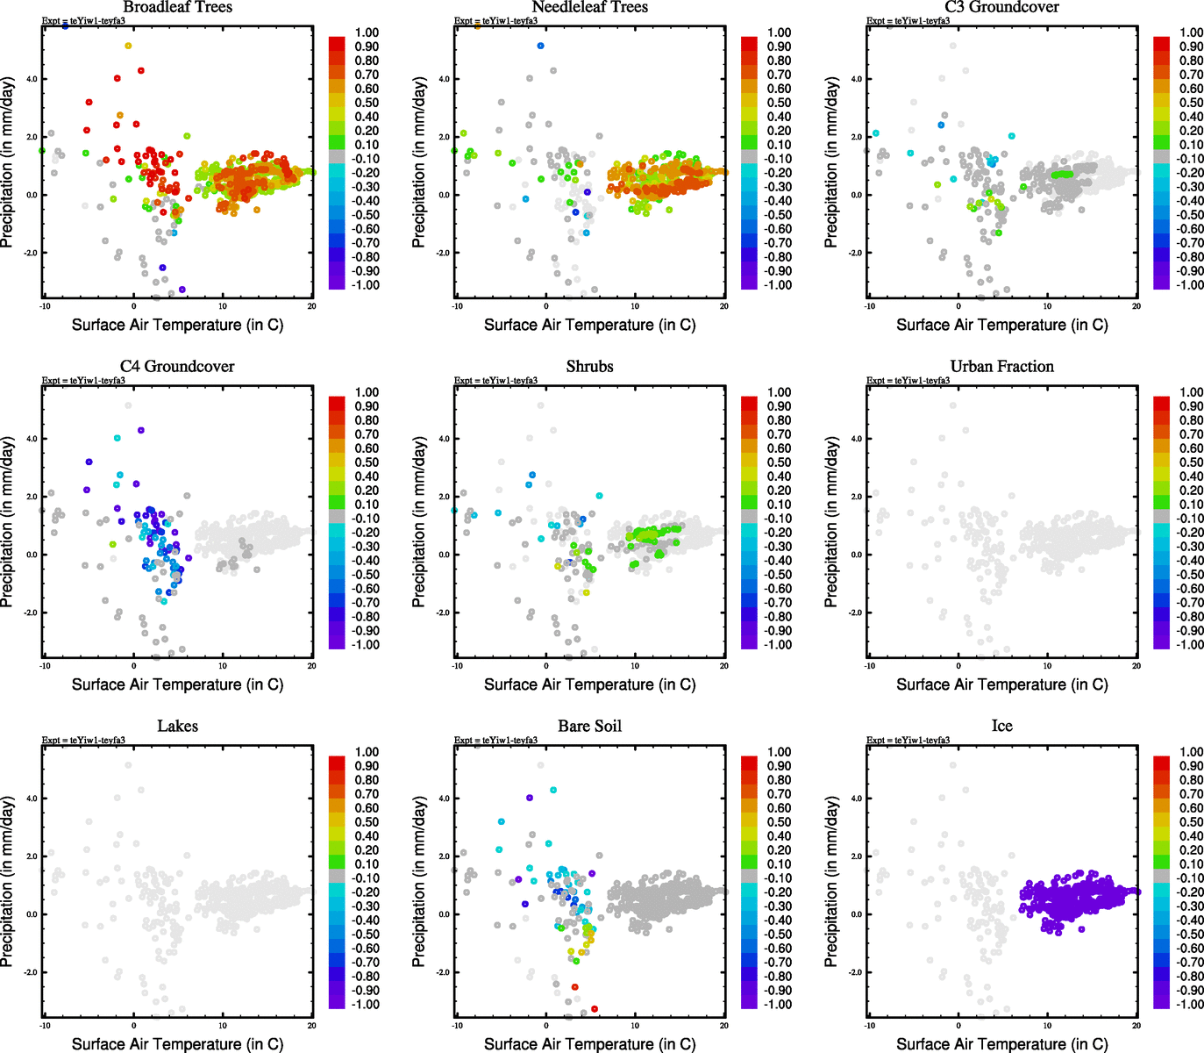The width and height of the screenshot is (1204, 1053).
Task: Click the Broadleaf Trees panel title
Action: tap(177, 7)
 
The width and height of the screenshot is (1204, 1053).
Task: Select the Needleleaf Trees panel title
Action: tap(589, 7)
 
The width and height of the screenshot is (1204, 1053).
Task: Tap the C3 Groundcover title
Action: tap(1001, 7)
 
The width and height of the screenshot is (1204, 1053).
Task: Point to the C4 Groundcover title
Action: tap(177, 367)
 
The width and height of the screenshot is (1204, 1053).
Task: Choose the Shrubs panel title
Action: tap(589, 367)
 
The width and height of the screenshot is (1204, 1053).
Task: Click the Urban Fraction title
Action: tap(1001, 367)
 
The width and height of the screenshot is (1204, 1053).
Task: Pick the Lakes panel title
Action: tap(177, 727)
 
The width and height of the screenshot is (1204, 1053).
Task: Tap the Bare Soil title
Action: tap(589, 727)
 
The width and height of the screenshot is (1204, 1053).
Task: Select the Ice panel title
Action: tap(1001, 727)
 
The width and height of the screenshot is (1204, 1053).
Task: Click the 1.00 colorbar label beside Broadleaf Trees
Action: tap(367, 32)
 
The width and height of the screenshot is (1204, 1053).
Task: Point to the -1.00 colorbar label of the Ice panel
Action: tap(1189, 1005)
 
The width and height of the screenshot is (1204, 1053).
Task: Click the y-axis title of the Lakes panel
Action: tap(8, 882)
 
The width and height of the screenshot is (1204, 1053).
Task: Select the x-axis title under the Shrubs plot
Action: tap(589, 684)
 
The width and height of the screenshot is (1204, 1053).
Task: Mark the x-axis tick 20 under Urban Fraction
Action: tap(1136, 666)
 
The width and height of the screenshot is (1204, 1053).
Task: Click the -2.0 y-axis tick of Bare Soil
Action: tap(443, 972)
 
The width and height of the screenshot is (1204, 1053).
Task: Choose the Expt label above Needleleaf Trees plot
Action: tap(495, 21)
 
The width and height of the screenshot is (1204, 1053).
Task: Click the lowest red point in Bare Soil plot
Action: tap(595, 1009)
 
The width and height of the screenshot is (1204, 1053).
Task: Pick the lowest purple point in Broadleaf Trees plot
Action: tap(182, 289)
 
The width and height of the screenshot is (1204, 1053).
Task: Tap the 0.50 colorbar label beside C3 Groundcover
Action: tap(1191, 103)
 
